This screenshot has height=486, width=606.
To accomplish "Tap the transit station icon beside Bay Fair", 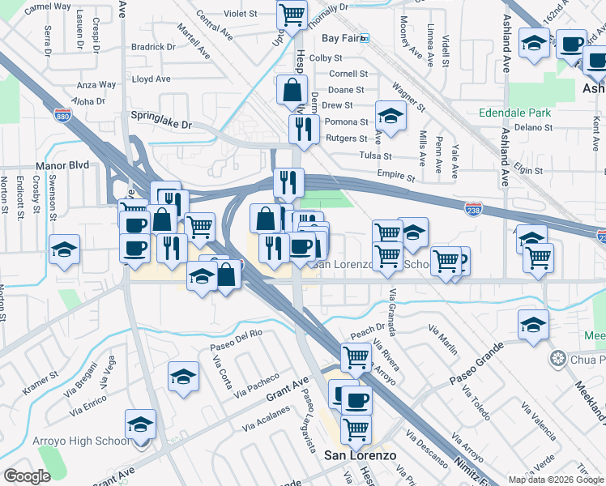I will point(365,38).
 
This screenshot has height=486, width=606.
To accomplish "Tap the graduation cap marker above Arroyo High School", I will point(140,425).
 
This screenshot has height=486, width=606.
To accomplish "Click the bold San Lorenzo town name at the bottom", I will point(361,455).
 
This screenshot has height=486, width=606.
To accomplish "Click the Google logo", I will point(27,476).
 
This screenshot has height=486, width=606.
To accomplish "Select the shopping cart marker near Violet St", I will point(292,14).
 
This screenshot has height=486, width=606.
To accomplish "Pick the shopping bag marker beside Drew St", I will point(291,91).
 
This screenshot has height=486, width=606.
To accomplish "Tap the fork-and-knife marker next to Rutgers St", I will point(304,129).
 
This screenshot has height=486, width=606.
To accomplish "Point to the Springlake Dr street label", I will point(164,126).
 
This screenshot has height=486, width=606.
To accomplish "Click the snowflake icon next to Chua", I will point(557,358).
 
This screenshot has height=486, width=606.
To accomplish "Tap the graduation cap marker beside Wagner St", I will point(390,116).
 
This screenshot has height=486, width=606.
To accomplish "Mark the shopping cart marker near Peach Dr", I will point(356,356).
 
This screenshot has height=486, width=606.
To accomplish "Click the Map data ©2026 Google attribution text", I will point(555,480).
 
